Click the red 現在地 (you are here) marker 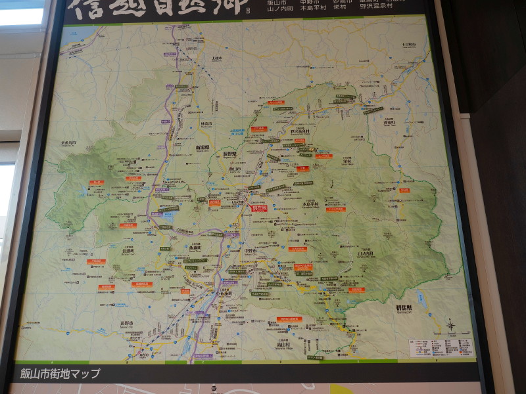(260, 208)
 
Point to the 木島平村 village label (310, 204)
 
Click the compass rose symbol (450, 325)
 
